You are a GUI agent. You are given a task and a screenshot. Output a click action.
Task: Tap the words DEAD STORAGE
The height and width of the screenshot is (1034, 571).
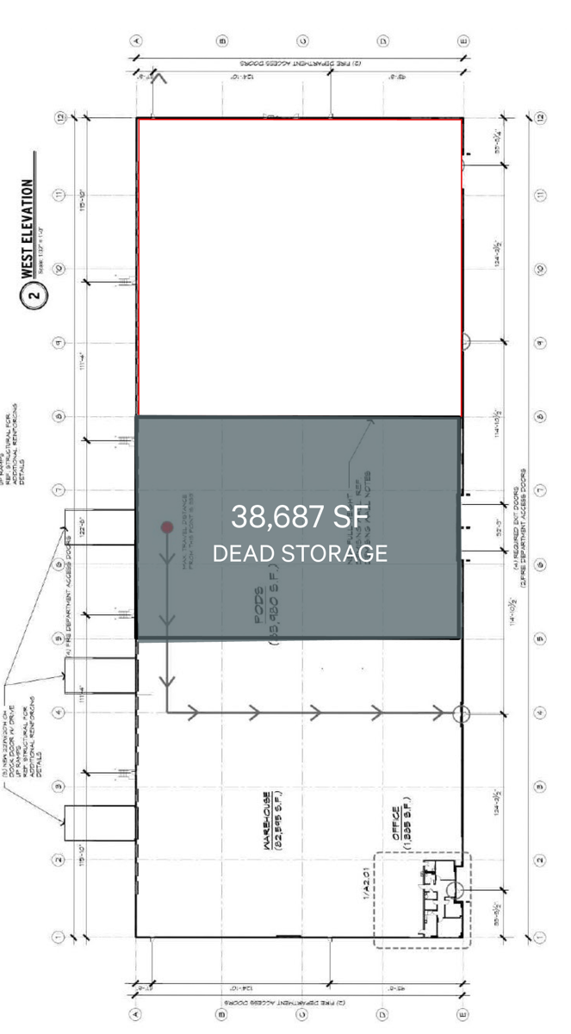(x=300, y=553)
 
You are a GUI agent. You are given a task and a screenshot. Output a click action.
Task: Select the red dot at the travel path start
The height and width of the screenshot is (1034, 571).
(x=167, y=526)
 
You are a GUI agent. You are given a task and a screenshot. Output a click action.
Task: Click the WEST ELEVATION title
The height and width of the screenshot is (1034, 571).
(x=28, y=227)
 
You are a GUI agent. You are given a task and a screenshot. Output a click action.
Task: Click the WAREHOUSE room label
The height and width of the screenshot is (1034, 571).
(x=269, y=821)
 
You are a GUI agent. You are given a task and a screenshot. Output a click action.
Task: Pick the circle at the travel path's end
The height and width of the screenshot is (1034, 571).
(x=462, y=713)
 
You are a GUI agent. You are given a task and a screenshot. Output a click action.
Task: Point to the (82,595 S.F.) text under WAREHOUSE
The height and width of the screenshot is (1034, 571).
(x=282, y=821)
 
